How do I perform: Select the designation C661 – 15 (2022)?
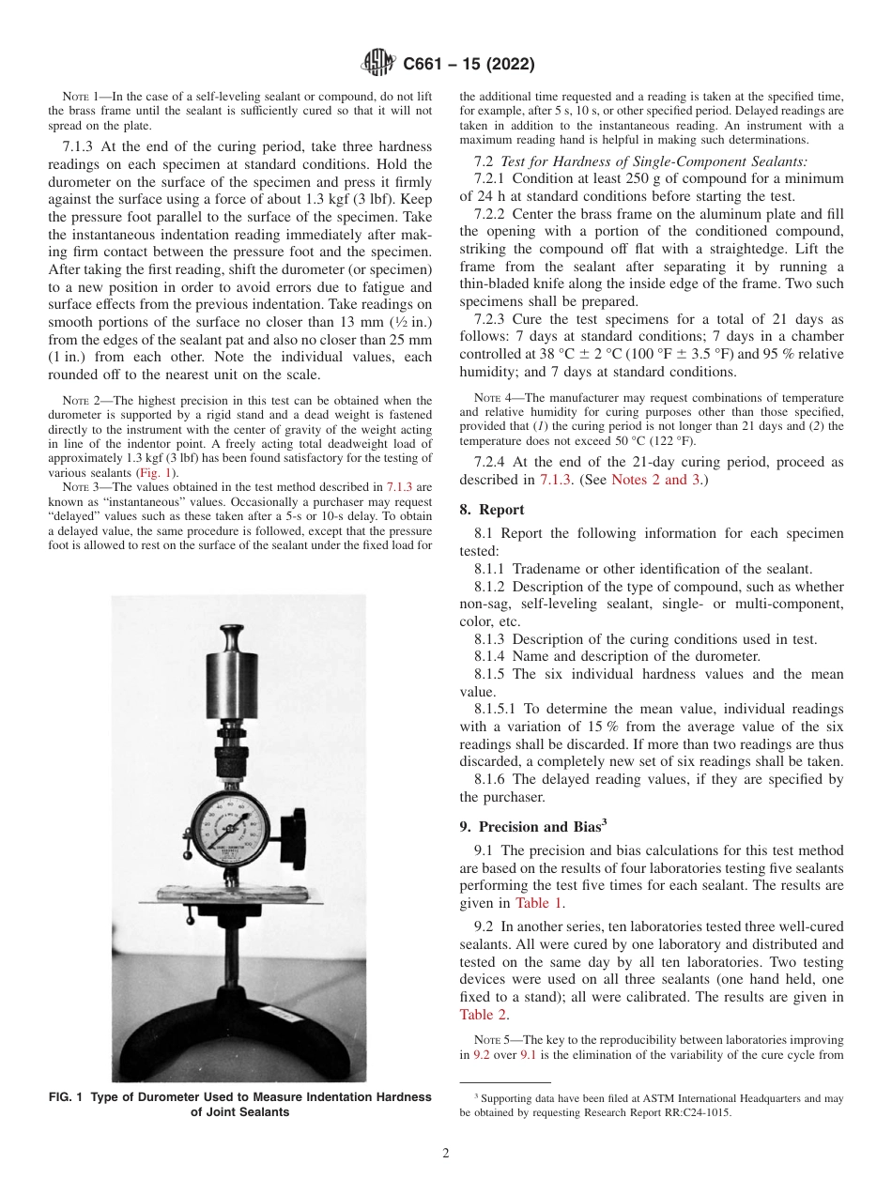point(469,65)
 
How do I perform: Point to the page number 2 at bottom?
point(446,1153)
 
